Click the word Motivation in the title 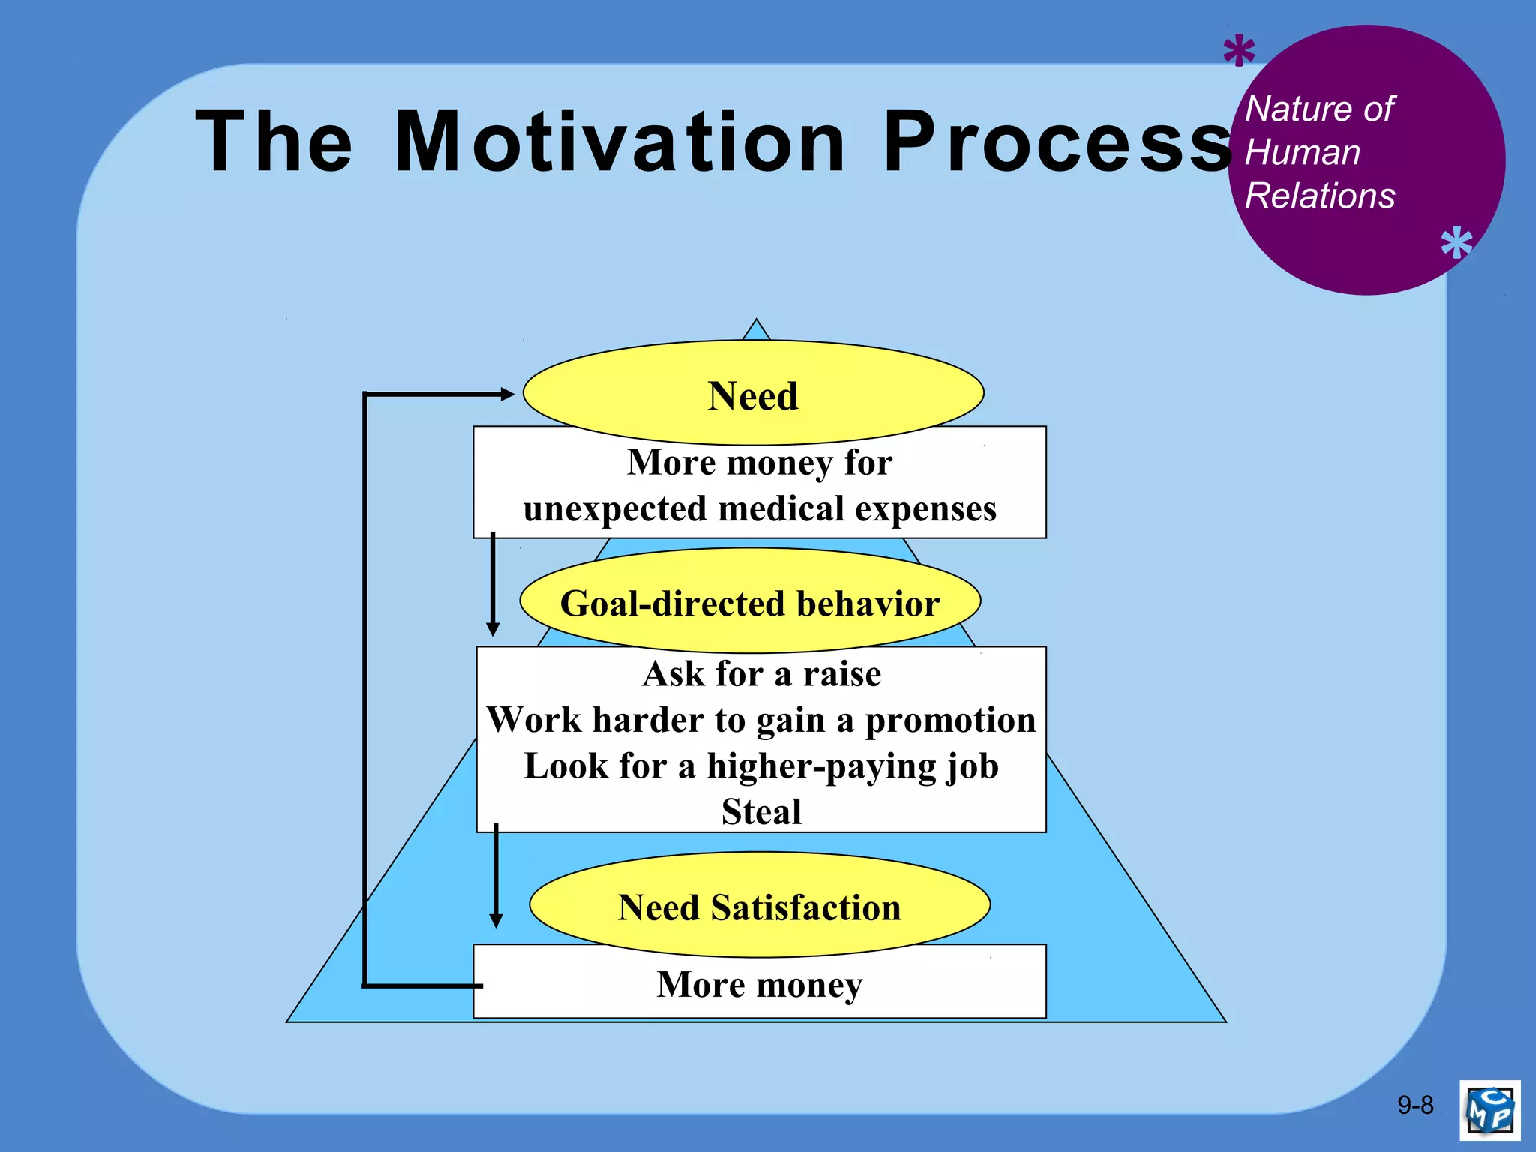pyautogui.click(x=619, y=142)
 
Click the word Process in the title pyautogui.click(x=1056, y=142)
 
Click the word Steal pyautogui.click(x=761, y=811)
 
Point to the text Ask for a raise pyautogui.click(x=761, y=673)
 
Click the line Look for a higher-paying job pyautogui.click(x=761, y=766)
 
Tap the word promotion pyautogui.click(x=950, y=720)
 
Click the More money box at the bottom pyautogui.click(x=760, y=984)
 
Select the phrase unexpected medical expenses pyautogui.click(x=760, y=508)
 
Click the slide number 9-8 pyautogui.click(x=1415, y=1105)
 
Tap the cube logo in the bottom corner pyautogui.click(x=1489, y=1109)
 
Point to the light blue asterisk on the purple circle pyautogui.click(x=1456, y=244)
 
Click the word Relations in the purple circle pyautogui.click(x=1320, y=196)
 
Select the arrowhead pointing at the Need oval pyautogui.click(x=507, y=393)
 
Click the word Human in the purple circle pyautogui.click(x=1303, y=152)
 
